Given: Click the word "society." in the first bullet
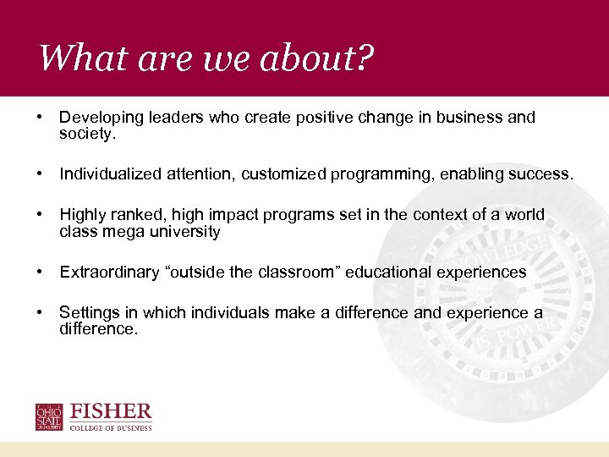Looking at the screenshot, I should (86, 133).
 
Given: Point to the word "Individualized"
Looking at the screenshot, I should (106, 174).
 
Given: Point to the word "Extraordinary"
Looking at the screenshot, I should (107, 272).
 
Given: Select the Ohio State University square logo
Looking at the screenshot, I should (49, 417).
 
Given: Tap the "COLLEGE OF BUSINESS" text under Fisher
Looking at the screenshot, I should (112, 428).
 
